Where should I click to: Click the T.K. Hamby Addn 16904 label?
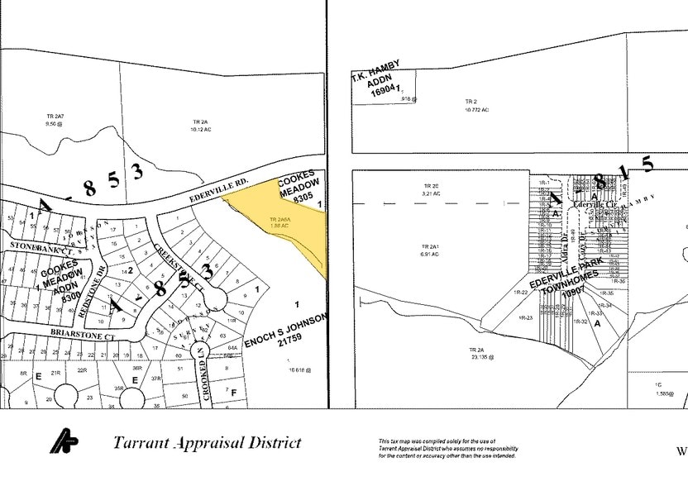coord(378,77)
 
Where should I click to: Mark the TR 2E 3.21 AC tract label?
coord(431,189)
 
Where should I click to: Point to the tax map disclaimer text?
coord(447,448)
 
